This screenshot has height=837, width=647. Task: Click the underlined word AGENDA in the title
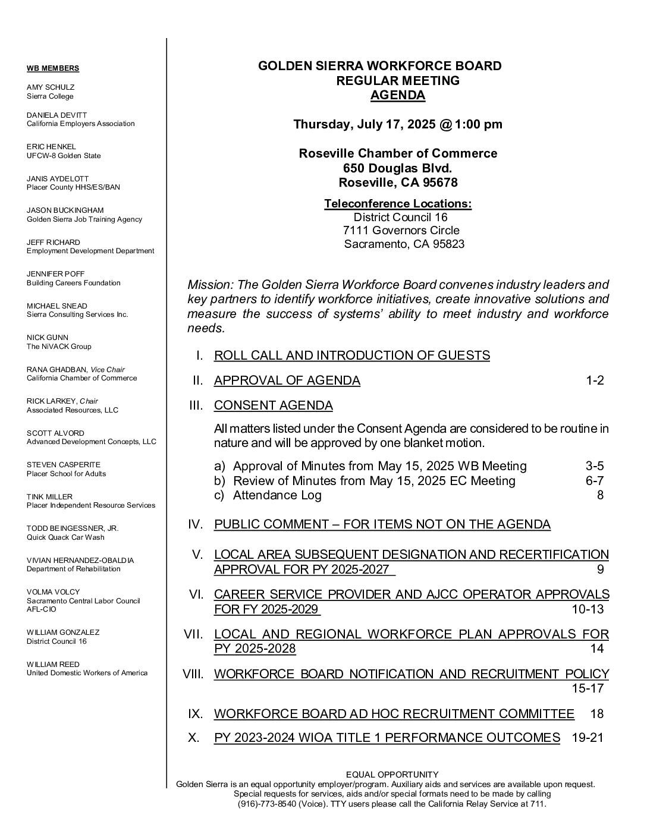click(x=397, y=95)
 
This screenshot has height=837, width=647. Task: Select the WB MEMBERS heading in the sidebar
click(x=53, y=68)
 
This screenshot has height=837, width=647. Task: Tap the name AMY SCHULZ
click(x=51, y=87)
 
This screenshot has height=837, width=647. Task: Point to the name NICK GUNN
click(x=48, y=337)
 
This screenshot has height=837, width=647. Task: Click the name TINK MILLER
click(x=49, y=496)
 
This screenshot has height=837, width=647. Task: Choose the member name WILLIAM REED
click(x=53, y=664)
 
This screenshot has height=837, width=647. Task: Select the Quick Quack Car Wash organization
click(x=65, y=537)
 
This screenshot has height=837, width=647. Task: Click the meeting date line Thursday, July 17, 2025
click(x=397, y=124)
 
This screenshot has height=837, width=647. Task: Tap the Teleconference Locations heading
click(x=397, y=204)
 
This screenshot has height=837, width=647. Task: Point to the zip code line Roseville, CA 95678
click(x=397, y=182)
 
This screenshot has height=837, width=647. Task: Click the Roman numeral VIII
click(x=193, y=674)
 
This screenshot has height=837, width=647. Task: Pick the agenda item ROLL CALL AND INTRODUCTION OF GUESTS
click(x=351, y=355)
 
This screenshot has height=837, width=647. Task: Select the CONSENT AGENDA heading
click(x=273, y=405)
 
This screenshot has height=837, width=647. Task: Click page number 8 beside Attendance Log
click(x=600, y=495)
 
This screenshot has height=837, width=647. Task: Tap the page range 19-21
click(x=587, y=738)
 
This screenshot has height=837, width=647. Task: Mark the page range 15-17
click(x=587, y=688)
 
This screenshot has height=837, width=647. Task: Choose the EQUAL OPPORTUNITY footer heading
click(x=392, y=774)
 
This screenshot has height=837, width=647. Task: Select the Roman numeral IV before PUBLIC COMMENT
click(x=196, y=524)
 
